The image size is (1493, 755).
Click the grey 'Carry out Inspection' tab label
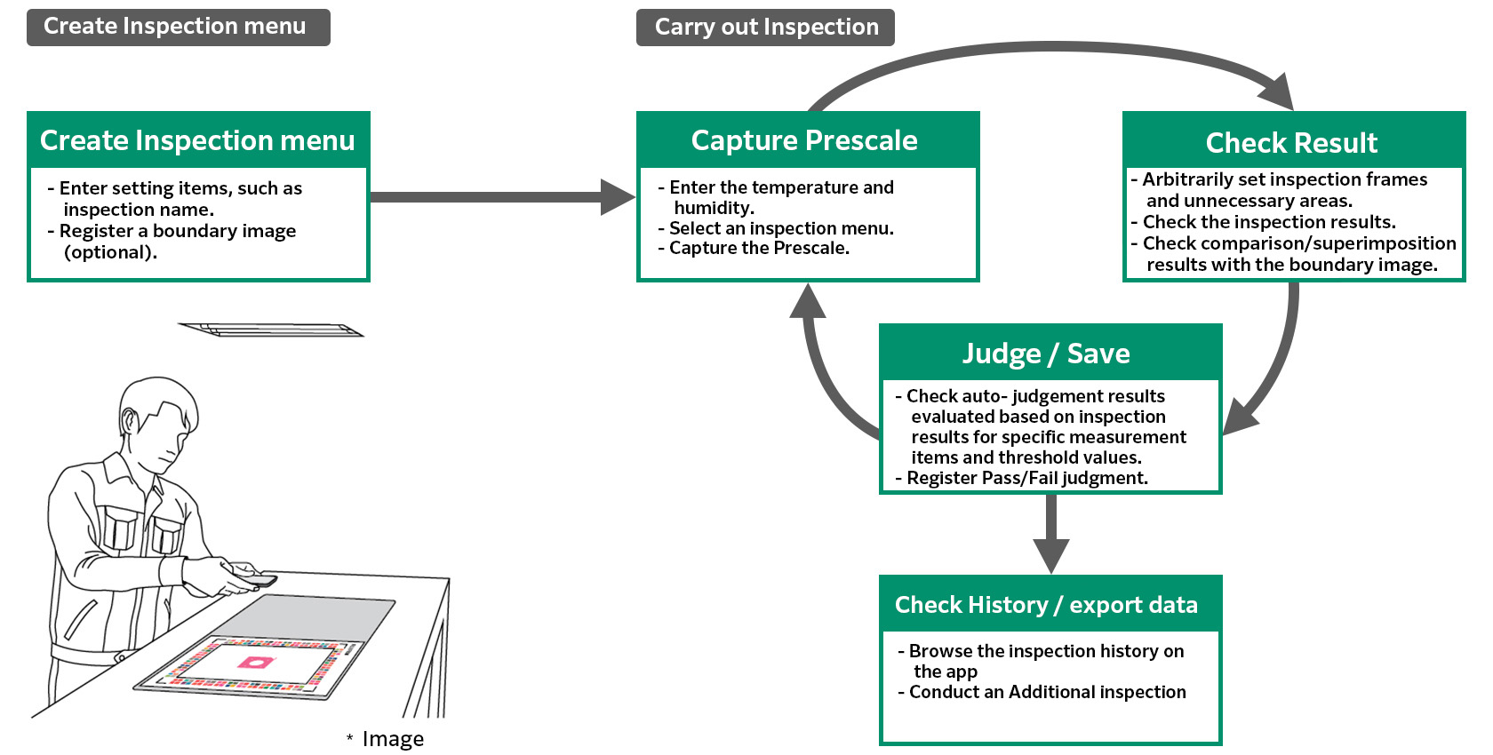point(765,28)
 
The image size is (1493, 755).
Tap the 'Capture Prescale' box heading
point(804,140)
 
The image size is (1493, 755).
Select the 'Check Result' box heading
point(1291,142)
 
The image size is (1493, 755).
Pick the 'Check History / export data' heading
point(1046,605)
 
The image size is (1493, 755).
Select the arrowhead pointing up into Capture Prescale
point(808,302)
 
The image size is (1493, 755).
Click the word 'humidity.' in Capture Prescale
point(715,208)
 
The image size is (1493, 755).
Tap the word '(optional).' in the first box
point(110,252)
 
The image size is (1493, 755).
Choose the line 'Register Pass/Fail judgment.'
point(1027,478)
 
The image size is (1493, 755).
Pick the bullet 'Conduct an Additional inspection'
point(1047,692)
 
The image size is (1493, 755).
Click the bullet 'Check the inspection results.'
point(1269,222)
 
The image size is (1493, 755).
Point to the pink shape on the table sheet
point(255,663)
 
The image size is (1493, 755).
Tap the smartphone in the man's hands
point(253,578)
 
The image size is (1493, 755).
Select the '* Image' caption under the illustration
point(386,739)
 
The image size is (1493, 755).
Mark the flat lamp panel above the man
point(271,330)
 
